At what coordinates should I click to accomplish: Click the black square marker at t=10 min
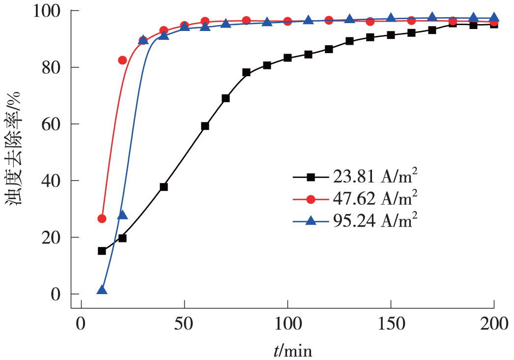[102, 251]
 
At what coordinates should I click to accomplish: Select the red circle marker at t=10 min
[102, 218]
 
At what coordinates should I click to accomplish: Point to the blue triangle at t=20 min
[122, 215]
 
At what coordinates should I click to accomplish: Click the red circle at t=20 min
[122, 60]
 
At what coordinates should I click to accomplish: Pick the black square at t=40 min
[164, 187]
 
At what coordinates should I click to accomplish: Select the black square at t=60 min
[205, 126]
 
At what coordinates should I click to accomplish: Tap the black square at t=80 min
[246, 72]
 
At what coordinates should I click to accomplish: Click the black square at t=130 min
[349, 41]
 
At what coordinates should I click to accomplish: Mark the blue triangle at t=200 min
[494, 18]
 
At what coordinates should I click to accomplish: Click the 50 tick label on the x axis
[184, 324]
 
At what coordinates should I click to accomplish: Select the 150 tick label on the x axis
[391, 324]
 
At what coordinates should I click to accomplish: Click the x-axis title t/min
[293, 350]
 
